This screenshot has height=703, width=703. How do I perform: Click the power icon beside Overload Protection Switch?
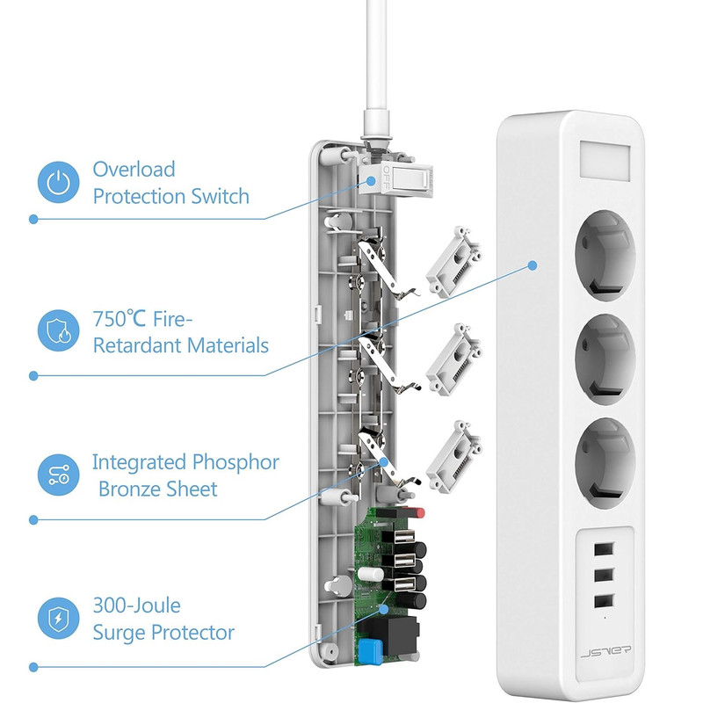[58, 181]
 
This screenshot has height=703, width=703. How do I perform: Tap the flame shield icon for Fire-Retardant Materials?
[58, 330]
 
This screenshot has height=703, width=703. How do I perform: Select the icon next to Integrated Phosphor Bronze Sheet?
[58, 475]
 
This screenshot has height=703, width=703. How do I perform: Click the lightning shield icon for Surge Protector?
[58, 620]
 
